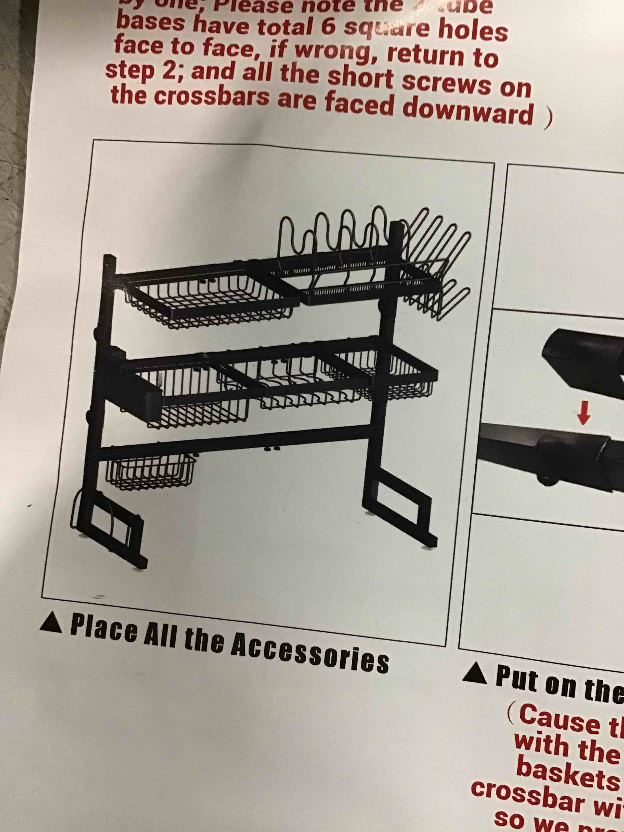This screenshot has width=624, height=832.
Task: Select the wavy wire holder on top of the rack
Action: pyautogui.click(x=335, y=233)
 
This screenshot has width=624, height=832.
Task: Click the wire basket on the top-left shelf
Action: pyautogui.click(x=211, y=301)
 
